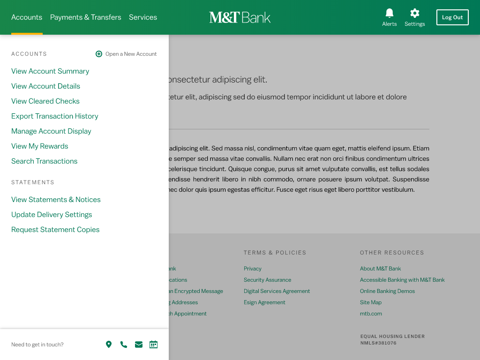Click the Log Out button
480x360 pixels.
[452, 17]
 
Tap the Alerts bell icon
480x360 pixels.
[389, 13]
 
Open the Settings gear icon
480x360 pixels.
[414, 13]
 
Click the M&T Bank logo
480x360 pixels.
[240, 17]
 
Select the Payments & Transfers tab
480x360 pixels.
[85, 17]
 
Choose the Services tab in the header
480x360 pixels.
[143, 17]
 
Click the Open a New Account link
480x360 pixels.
[126, 54]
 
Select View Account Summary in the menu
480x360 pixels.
[50, 71]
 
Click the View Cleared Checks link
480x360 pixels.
[45, 101]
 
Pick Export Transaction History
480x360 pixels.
[55, 116]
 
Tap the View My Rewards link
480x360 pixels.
[40, 146]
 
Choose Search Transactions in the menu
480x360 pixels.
[45, 161]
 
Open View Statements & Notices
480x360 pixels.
[56, 200]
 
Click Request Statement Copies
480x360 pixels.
[55, 230]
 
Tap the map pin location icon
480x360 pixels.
[109, 345]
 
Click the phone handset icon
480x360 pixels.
[124, 345]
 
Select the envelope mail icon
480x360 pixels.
[139, 345]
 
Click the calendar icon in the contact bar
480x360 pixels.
[153, 345]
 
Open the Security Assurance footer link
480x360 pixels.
[267, 280]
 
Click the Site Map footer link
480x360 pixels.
[371, 302]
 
